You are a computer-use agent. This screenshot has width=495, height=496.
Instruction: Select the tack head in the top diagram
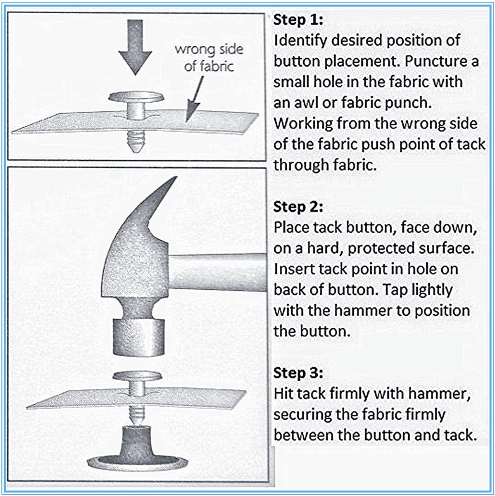point(136,97)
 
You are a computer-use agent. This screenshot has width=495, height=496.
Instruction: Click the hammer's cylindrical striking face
point(139,337)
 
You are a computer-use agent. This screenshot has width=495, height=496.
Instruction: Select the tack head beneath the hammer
point(138,376)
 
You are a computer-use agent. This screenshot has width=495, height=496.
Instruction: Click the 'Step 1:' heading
point(298,20)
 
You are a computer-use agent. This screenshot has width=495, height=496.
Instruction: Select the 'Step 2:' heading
point(298,207)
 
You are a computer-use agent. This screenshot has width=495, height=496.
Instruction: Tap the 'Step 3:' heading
point(298,373)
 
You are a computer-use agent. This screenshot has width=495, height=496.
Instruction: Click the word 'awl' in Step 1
point(303,103)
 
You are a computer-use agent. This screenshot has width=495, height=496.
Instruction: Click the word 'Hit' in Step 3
point(283,394)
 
